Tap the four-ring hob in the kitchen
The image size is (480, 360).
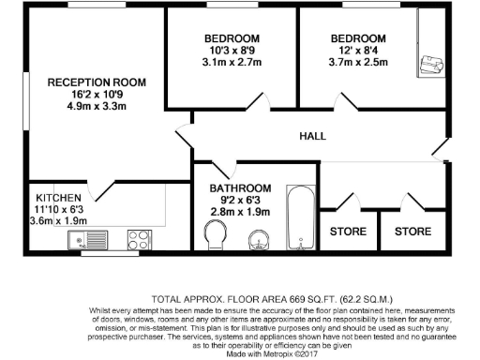[x=139, y=239]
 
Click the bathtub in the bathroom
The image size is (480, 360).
[x=301, y=218]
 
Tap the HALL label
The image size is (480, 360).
[x=312, y=137]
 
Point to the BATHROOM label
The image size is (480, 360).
[x=241, y=187]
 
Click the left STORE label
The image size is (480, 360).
[x=348, y=231]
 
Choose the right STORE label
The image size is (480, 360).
[x=412, y=231]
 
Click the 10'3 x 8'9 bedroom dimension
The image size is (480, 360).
[x=232, y=52]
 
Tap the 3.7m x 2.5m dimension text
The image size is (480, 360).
[x=357, y=64]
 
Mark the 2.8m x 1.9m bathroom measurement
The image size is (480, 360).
[x=241, y=212]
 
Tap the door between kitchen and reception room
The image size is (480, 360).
[x=102, y=187]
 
